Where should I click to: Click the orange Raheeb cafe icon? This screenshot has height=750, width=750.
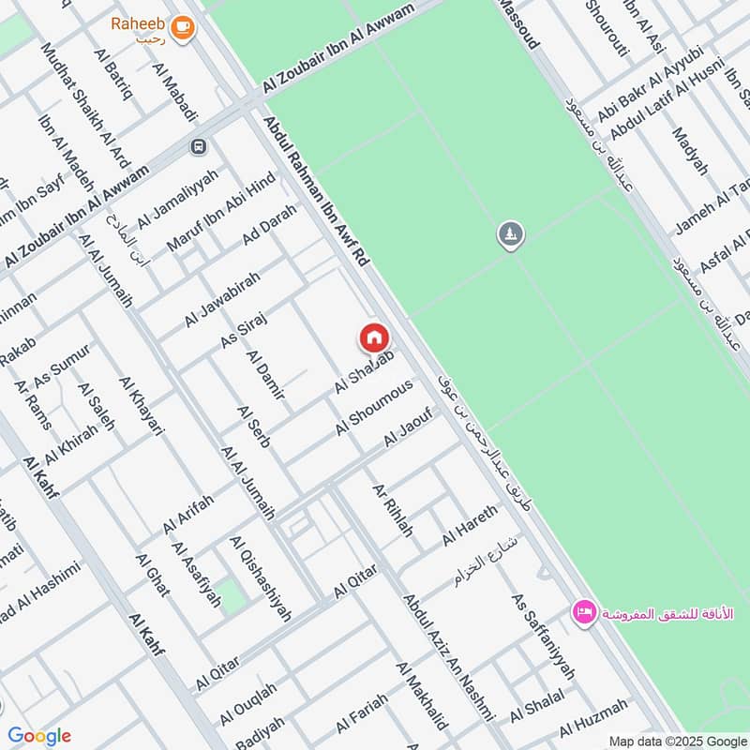pyautogui.click(x=183, y=28)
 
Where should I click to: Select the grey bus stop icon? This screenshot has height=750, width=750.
pyautogui.click(x=198, y=147)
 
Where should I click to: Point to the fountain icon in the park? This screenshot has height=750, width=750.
pyautogui.click(x=511, y=234)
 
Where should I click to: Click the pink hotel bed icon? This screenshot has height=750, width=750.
pyautogui.click(x=584, y=612)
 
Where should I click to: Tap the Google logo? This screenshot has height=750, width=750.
pyautogui.click(x=39, y=736)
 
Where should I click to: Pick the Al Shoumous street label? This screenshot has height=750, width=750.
pyautogui.click(x=375, y=408)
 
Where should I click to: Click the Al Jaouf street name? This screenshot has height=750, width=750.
pyautogui.click(x=407, y=427)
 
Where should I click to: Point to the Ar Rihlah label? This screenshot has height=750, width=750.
pyautogui.click(x=392, y=510)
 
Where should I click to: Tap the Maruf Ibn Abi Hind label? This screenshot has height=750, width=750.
pyautogui.click(x=221, y=213)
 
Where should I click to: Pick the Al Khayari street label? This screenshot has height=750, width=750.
pyautogui.click(x=142, y=406)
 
